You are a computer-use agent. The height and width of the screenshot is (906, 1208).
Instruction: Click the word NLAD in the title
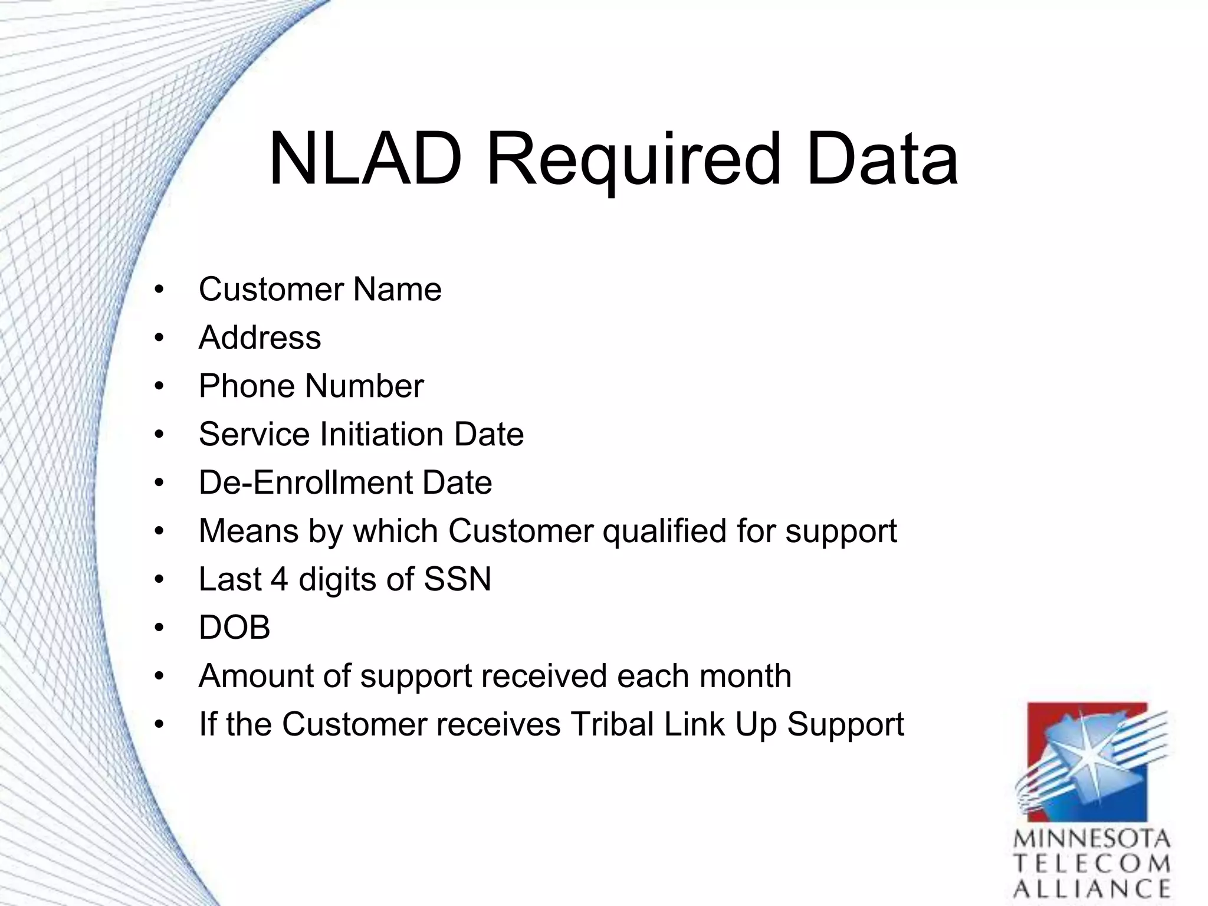coord(365,159)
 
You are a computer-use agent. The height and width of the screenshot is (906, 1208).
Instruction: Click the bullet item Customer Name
coord(320,290)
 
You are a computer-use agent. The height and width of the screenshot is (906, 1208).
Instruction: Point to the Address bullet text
coord(260,338)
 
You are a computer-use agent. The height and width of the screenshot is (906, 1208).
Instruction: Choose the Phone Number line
coord(311,386)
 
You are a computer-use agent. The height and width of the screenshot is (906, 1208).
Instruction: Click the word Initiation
coord(382,435)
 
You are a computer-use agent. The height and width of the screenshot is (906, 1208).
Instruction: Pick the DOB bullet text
coord(234,628)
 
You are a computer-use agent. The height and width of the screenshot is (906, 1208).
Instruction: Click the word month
coord(745,676)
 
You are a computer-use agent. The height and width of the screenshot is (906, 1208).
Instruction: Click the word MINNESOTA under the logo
coord(1092,839)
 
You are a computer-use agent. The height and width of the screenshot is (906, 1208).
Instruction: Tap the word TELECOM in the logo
coord(1092,864)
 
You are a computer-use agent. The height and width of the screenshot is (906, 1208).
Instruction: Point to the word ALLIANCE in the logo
coord(1092,889)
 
